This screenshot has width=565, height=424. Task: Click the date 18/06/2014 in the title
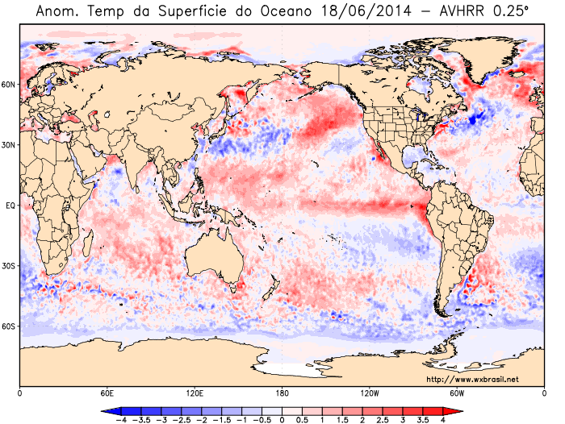[365, 11]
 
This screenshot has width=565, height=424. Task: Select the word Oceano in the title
[286, 11]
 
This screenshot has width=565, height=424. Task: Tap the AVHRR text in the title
[462, 11]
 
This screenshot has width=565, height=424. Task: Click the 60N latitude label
[8, 85]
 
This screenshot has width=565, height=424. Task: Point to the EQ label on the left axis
[10, 206]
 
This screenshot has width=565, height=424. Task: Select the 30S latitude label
[8, 266]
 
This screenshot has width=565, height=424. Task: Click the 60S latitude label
[8, 326]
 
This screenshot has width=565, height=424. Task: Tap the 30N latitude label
[8, 145]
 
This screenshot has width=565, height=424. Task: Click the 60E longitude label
[107, 393]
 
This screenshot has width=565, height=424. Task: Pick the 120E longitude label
[195, 393]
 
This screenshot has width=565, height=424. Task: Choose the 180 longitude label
[282, 393]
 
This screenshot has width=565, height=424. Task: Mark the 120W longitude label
[370, 393]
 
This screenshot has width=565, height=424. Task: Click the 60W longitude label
[457, 393]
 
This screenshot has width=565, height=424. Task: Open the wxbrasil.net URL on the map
[473, 380]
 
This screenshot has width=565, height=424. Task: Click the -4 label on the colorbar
[119, 420]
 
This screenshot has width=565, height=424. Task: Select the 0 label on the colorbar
[282, 420]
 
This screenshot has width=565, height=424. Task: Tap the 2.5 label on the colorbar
[383, 420]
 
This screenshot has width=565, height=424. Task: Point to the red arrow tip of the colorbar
[462, 410]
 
